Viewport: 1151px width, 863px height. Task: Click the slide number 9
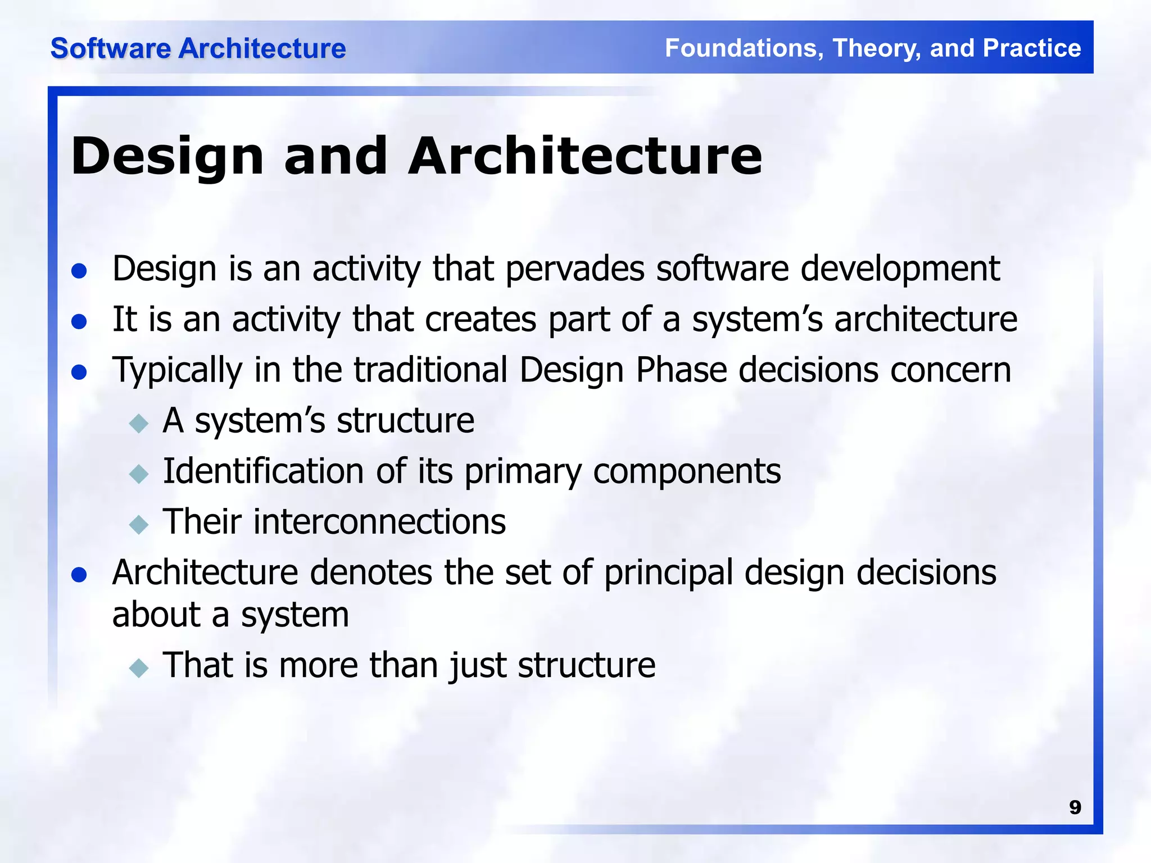click(x=1075, y=807)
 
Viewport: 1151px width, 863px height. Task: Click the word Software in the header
click(x=110, y=48)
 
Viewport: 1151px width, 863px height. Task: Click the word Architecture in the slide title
click(x=584, y=156)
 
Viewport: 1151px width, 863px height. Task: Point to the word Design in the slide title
click(x=167, y=157)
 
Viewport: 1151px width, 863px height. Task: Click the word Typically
click(x=177, y=371)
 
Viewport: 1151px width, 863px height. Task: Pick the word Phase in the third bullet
click(x=681, y=371)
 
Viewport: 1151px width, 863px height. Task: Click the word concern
click(x=950, y=371)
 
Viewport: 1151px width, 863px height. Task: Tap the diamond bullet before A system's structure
click(x=138, y=423)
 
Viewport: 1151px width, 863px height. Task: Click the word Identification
click(x=263, y=471)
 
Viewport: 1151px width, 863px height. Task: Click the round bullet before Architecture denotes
click(x=79, y=574)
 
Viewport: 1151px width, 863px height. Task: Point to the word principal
click(x=668, y=573)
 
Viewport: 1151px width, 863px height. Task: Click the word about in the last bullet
click(x=156, y=615)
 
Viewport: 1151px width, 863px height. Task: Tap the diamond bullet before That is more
click(x=138, y=667)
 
